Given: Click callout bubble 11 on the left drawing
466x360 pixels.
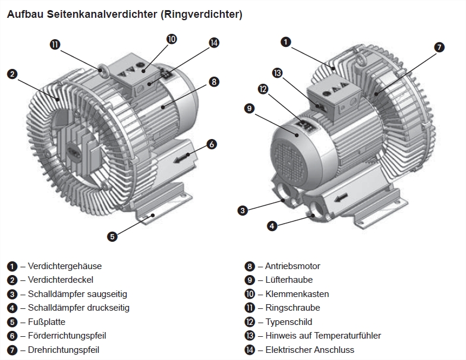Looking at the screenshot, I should coord(55,44).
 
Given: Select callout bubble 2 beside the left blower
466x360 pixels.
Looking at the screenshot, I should coord(11,74).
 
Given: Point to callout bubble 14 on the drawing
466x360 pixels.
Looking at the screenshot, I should coord(214,42).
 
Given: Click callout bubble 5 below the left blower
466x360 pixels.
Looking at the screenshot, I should coord(112,235).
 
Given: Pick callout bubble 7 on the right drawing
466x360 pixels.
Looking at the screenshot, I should coord(439,48).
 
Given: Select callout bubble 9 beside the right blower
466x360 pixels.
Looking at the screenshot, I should coord(249,108).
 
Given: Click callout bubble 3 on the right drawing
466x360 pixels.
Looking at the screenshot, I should coord(243,210).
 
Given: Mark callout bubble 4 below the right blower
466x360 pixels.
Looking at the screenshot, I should coord(272,226).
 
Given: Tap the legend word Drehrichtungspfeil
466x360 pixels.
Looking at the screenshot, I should coord(63,350).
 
